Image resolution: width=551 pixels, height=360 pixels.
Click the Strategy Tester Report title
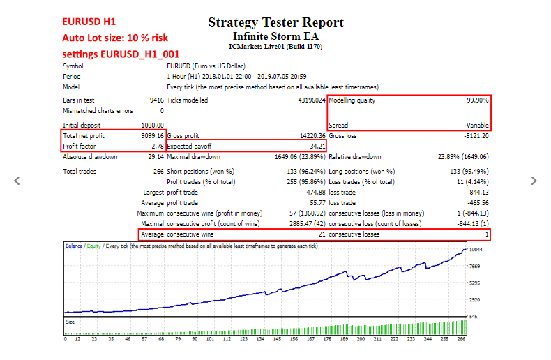click(276, 22)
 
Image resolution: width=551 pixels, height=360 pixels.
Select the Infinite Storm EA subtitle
click(276, 36)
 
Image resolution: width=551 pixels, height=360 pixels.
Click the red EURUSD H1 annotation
click(89, 22)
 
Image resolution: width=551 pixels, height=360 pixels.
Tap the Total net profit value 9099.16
click(153, 136)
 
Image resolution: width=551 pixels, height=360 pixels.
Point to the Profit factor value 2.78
click(158, 147)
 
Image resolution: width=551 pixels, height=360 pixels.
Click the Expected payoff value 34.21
click(317, 147)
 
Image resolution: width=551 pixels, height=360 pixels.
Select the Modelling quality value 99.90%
click(478, 100)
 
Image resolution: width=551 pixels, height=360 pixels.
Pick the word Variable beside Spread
click(478, 125)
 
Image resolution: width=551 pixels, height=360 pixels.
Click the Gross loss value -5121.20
click(476, 136)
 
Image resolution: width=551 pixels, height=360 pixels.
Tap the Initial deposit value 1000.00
click(153, 125)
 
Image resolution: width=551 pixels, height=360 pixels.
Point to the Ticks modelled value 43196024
click(312, 100)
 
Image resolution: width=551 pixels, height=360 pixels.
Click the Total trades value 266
click(158, 171)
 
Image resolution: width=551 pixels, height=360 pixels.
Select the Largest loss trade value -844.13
click(478, 193)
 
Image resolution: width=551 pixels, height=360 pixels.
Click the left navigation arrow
click(17, 181)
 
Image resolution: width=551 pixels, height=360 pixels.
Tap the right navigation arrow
click(534, 181)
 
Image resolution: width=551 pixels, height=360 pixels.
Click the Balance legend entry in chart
click(74, 246)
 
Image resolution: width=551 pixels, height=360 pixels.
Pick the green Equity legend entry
click(94, 246)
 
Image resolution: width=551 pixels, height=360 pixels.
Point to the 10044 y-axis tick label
click(476, 250)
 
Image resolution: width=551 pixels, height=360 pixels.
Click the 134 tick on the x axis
click(260, 339)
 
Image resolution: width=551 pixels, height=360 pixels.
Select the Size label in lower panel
click(70, 322)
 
